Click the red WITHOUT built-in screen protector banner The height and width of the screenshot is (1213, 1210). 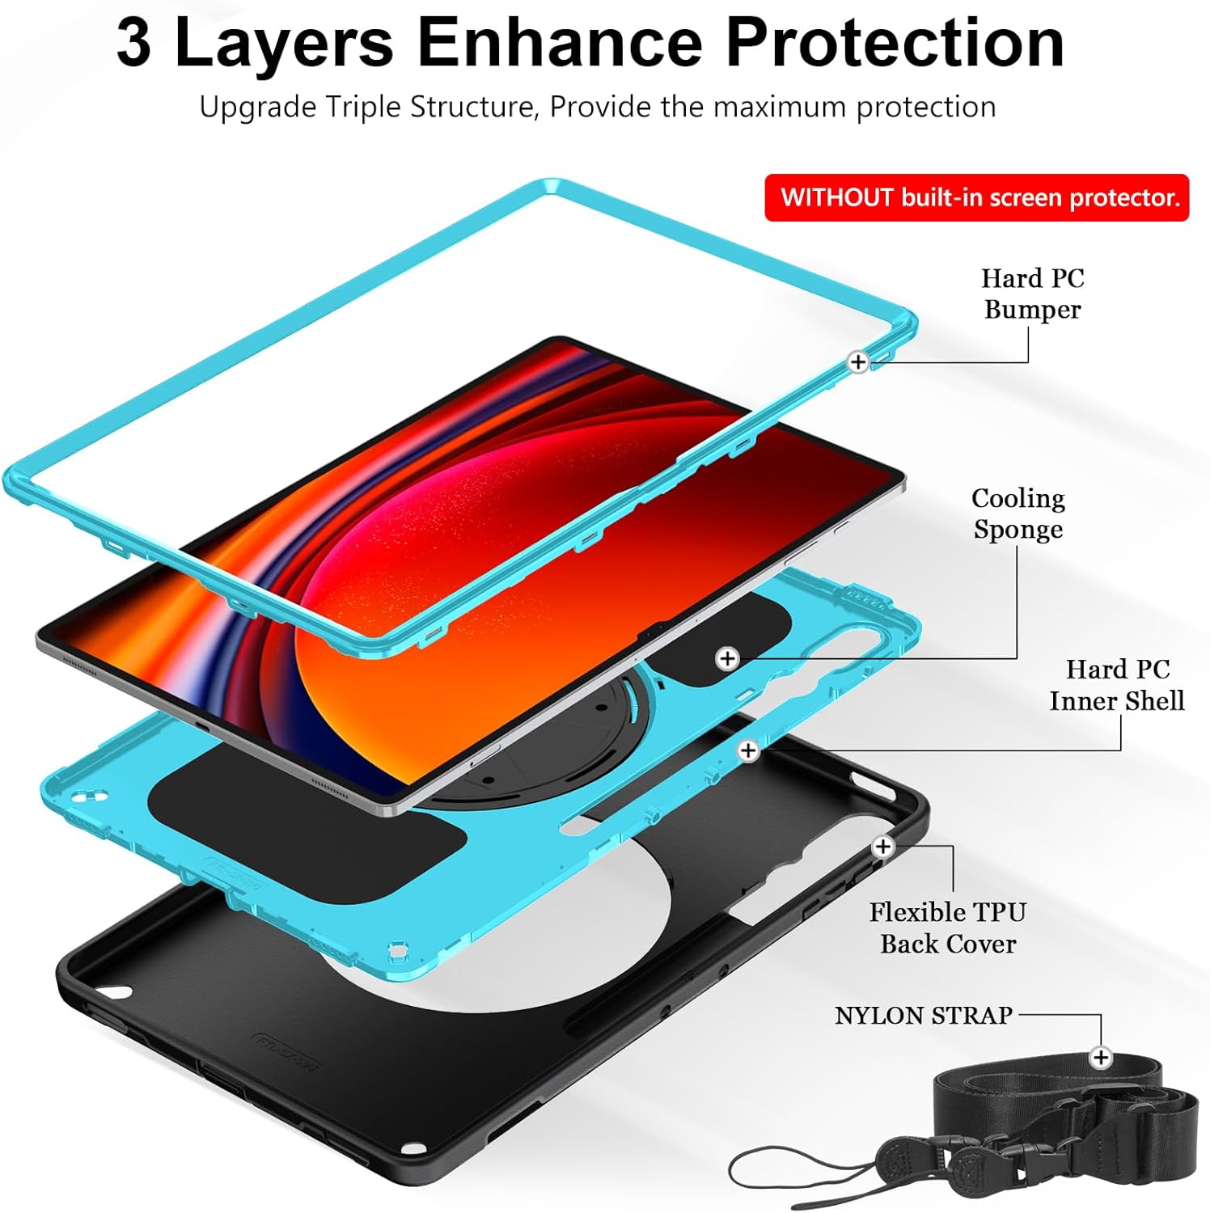(976, 197)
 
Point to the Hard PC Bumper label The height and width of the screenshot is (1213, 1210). (1032, 294)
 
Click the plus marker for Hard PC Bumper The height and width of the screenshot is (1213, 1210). (858, 361)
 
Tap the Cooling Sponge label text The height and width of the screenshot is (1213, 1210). (1017, 514)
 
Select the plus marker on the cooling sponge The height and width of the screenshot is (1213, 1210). (727, 658)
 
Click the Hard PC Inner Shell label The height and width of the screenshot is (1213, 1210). (1116, 685)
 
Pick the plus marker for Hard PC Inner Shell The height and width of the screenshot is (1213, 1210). (748, 750)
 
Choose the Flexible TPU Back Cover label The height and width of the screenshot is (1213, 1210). (947, 928)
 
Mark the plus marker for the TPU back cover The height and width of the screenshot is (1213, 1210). (882, 847)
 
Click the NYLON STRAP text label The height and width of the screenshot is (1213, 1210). (923, 1015)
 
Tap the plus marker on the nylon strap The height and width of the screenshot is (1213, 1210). (1100, 1057)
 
